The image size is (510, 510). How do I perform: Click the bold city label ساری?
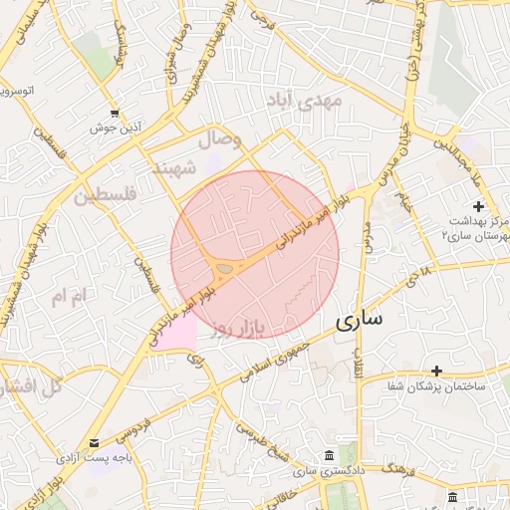tap(360, 321)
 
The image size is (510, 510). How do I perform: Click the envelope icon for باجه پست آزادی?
tap(94, 442)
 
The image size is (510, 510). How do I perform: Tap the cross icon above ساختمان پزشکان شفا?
tap(436, 371)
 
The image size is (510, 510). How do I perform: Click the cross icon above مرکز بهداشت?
tap(478, 206)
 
